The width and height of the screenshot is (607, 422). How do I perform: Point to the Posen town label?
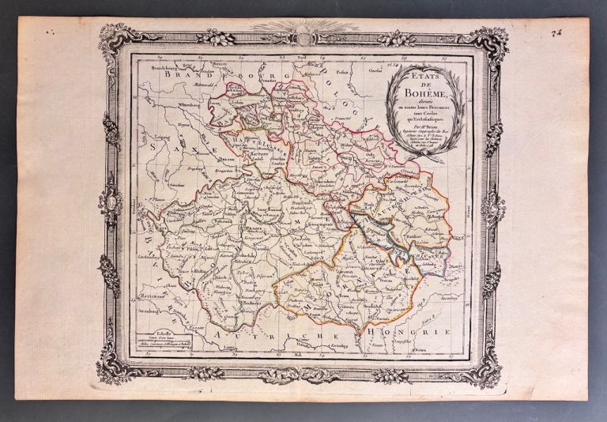pyautogui.click(x=342, y=70)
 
